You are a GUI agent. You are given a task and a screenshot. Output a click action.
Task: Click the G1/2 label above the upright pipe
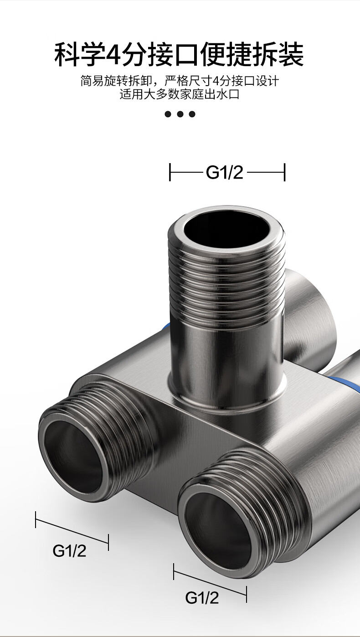click(224, 172)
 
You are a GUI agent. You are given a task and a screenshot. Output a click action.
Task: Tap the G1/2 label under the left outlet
click(69, 550)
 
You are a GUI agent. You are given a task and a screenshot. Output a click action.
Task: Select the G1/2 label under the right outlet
click(202, 597)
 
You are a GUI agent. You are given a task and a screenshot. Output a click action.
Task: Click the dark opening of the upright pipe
click(226, 230)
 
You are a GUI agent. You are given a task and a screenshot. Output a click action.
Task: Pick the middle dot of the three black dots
click(180, 114)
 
